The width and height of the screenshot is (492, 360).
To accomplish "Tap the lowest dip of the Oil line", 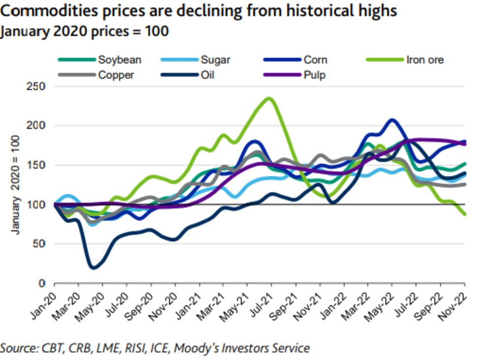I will [x=93, y=268].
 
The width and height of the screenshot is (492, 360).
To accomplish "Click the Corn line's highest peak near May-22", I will [x=392, y=120].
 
